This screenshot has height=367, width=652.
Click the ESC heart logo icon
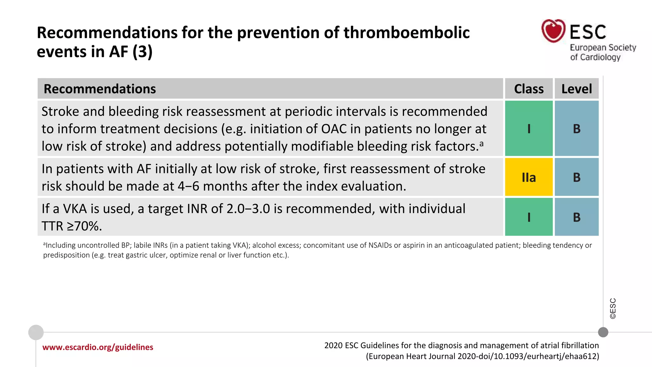[553, 31]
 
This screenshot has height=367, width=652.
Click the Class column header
[528, 89]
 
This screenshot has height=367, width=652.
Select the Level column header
[576, 89]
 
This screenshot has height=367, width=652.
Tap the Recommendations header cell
[100, 89]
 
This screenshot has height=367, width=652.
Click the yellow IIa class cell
[528, 177]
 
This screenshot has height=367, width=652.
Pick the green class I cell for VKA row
[528, 217]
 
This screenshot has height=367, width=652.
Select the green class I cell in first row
[528, 128]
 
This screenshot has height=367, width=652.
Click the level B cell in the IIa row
[576, 177]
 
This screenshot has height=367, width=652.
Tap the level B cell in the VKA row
[576, 217]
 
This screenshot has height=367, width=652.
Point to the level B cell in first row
[576, 128]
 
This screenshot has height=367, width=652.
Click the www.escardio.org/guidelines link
[98, 347]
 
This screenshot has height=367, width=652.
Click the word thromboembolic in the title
[406, 33]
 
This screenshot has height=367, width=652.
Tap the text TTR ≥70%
[72, 226]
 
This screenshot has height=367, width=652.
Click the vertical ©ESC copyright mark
[613, 308]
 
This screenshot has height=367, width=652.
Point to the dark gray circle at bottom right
[603, 332]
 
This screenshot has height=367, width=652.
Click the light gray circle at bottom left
[36, 332]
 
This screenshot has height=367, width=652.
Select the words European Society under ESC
[603, 48]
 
